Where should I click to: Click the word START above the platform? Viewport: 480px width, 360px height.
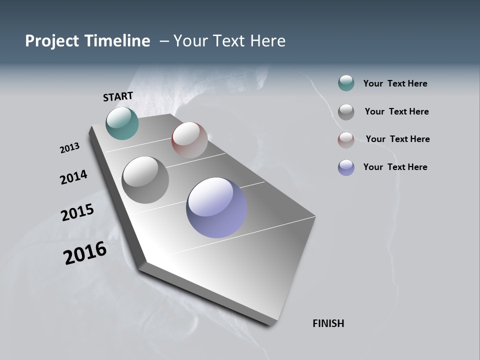coord(118,96)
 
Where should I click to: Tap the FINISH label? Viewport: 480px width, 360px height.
coord(328,323)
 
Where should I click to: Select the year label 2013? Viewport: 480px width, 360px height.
coord(69,148)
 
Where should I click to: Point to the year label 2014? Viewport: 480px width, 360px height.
coord(73,177)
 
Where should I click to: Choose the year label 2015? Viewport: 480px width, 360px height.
coord(77,212)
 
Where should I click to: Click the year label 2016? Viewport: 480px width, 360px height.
coord(85,253)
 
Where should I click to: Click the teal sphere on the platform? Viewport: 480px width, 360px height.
coord(122,123)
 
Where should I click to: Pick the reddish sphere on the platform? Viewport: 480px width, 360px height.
coord(189,139)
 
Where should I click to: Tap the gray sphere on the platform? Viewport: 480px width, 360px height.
coord(145,179)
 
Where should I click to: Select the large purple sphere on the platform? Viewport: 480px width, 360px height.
coord(216,207)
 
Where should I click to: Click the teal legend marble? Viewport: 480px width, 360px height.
coord(346,83)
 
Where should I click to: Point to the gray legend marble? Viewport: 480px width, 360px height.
coord(346,111)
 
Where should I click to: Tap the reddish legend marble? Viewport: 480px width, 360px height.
coord(346,139)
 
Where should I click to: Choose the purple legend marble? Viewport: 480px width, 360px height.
coord(346,167)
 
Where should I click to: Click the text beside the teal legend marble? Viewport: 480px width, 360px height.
coord(395,83)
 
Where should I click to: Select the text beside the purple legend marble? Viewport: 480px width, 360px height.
coord(395,167)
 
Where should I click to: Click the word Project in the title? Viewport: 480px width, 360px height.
coord(52,41)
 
